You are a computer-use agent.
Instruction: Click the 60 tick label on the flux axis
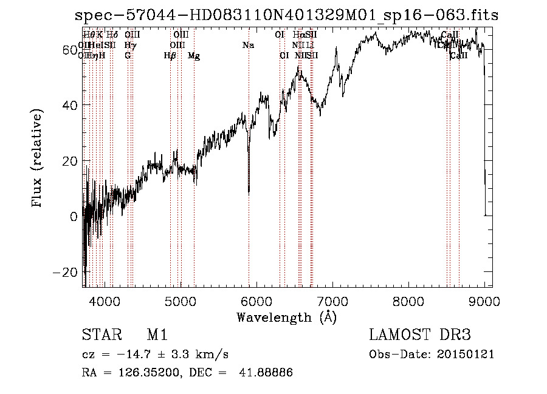click(69, 49)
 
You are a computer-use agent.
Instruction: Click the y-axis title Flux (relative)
click(38, 159)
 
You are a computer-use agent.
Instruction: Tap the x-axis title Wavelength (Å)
click(286, 317)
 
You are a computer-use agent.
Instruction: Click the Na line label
click(248, 45)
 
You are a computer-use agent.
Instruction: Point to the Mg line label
click(194, 56)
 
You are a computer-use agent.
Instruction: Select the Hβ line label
click(170, 56)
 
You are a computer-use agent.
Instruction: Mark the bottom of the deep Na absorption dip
click(249, 193)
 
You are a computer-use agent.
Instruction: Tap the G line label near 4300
click(128, 56)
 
